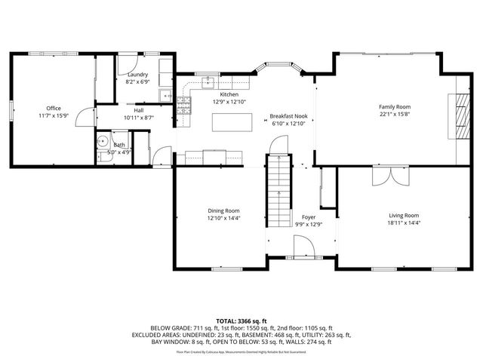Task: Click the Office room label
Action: [53, 108]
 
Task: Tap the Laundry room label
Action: [137, 74]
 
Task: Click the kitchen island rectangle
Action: [232, 121]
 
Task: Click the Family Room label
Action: [394, 107]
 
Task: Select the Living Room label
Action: [404, 215]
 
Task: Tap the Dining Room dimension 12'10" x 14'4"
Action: [224, 218]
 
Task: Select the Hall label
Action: [138, 111]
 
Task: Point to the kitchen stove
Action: [183, 106]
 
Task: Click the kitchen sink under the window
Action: [207, 82]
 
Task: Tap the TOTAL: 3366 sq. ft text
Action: [241, 321]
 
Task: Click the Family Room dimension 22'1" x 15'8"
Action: [394, 115]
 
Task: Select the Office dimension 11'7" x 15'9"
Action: [53, 115]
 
